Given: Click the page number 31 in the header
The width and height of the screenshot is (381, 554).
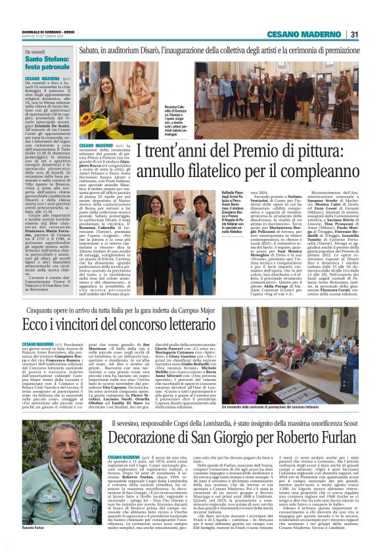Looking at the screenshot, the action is (x=354, y=34).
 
